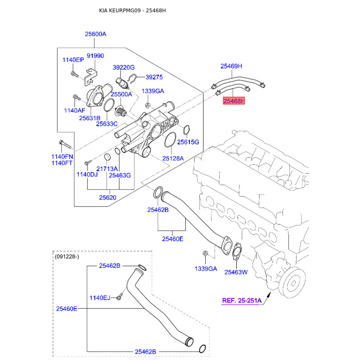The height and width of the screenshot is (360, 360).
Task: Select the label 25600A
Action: (95, 34)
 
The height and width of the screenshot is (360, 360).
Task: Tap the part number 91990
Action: (95, 56)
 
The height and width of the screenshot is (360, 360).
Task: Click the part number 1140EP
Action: (73, 60)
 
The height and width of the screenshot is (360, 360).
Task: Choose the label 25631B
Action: (89, 118)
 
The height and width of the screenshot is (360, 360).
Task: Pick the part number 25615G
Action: (188, 142)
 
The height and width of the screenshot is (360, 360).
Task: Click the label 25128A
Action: (173, 158)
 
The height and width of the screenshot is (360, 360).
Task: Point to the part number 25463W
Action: (236, 272)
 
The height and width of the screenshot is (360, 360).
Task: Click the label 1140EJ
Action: (100, 297)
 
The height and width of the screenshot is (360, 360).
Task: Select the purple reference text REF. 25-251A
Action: (242, 301)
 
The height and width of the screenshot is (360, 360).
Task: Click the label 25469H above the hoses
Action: (231, 66)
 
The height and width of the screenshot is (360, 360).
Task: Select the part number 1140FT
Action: (62, 163)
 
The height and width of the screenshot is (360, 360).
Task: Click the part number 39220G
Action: (124, 67)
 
